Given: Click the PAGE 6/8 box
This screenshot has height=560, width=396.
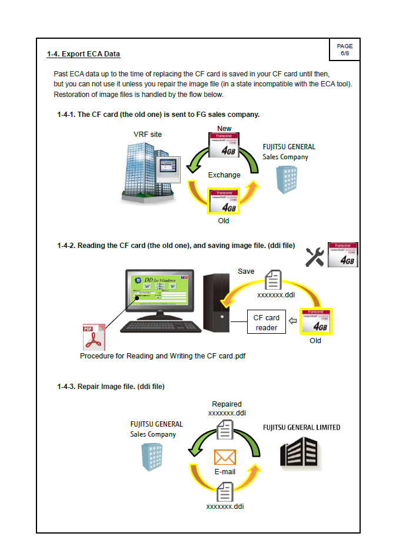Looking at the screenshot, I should pos(344,49).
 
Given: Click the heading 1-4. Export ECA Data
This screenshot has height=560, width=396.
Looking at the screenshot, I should pos(84,54).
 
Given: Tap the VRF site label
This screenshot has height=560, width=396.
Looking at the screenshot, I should pos(148,135).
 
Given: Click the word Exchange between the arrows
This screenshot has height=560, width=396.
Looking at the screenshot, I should pos(224,175).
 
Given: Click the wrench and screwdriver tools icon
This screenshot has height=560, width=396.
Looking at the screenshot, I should pos(315,256).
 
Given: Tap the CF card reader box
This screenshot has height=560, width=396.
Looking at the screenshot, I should pos(267,323).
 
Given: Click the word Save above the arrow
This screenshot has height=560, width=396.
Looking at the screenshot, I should pos(246,271).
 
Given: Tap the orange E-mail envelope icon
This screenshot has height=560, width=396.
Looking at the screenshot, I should pos(225,457).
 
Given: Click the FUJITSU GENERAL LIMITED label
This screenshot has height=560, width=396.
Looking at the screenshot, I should pos(301,427).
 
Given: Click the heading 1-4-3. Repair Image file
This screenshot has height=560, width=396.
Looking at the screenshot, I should pos(111,387).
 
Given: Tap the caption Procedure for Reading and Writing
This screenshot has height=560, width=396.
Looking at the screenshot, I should pos(162,356).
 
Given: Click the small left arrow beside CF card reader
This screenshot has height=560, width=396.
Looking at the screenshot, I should pos(294,322).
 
